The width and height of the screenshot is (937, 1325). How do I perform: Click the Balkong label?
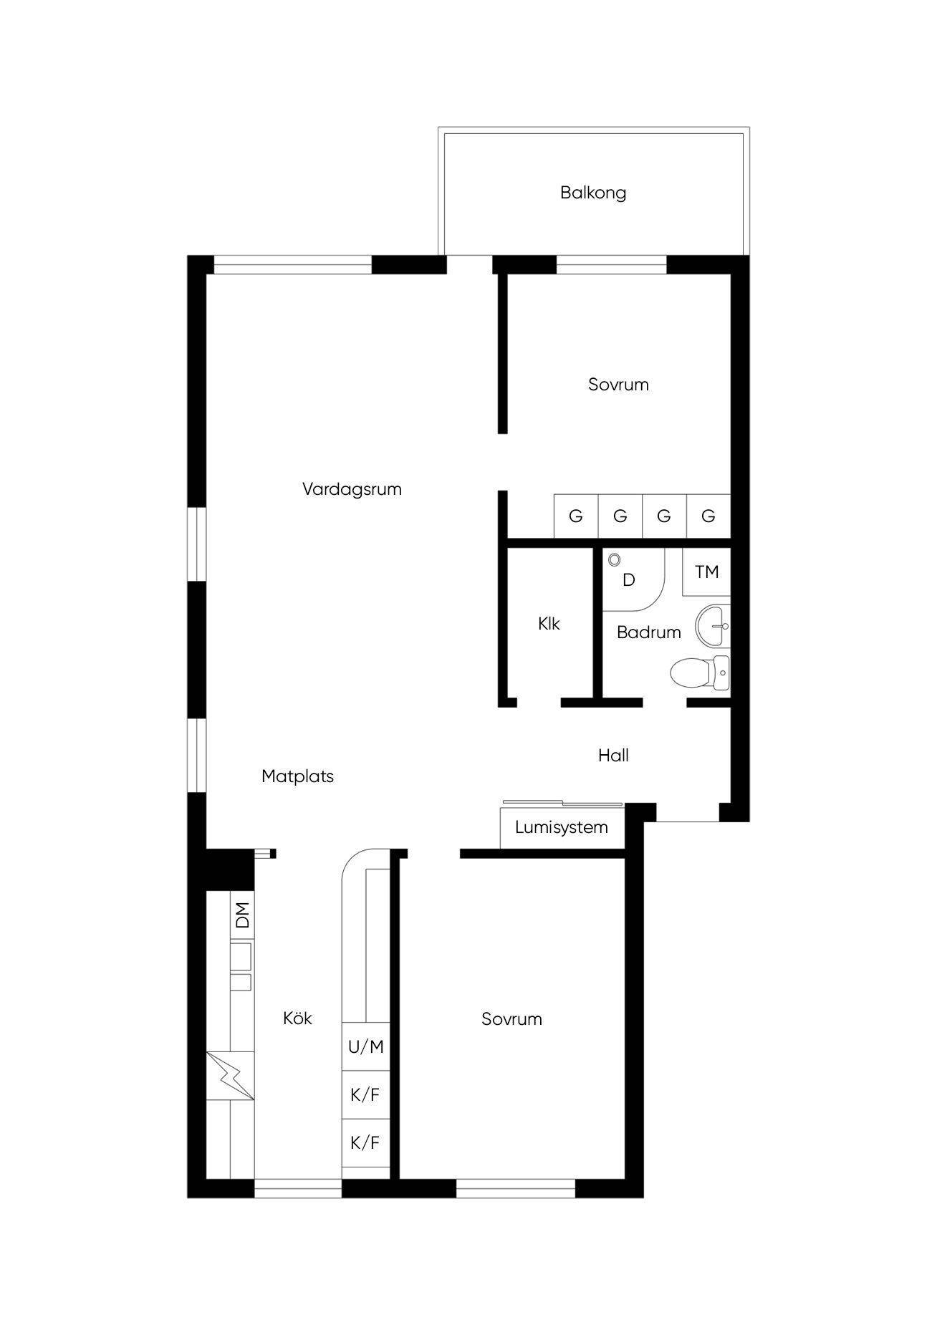[593, 193]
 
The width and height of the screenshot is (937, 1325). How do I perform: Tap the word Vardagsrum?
[352, 490]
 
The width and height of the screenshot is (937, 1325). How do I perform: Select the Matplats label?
[297, 776]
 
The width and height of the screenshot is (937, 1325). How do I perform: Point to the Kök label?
[297, 1018]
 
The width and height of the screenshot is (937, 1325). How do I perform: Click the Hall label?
[613, 755]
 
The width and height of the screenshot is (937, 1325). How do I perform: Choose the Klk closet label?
[549, 624]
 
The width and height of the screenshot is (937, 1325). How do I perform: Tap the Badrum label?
[648, 632]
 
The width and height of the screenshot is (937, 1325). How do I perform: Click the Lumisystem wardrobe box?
[562, 827]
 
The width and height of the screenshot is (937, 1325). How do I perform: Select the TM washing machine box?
[706, 572]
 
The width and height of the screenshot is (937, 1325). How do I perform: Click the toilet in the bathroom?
[700, 673]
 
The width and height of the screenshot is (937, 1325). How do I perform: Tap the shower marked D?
[633, 579]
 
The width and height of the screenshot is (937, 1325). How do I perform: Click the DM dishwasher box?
[242, 915]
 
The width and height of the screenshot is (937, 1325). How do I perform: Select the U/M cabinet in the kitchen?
[366, 1046]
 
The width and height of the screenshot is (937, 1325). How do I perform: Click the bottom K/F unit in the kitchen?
[366, 1142]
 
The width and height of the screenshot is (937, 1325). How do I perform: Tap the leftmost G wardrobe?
[576, 516]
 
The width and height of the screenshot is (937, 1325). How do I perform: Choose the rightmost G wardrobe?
[708, 516]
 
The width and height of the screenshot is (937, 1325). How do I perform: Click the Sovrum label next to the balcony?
[618, 385]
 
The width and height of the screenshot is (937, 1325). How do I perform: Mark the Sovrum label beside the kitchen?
[511, 1019]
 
